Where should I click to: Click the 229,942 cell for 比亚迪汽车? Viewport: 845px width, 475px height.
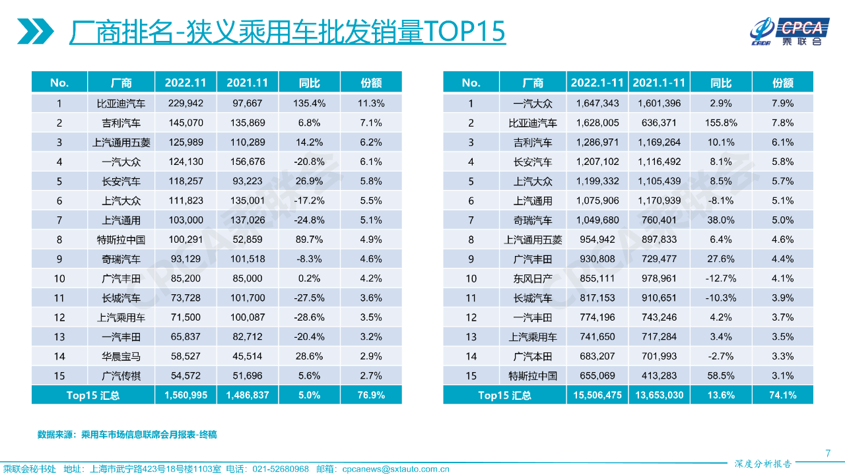pyautogui.click(x=186, y=104)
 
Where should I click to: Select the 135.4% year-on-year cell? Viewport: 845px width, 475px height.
pyautogui.click(x=309, y=104)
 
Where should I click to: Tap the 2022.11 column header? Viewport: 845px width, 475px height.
pyautogui.click(x=186, y=82)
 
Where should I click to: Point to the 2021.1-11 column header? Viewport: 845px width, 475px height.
pyautogui.click(x=659, y=82)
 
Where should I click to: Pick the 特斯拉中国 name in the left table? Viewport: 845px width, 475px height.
pyautogui.click(x=121, y=239)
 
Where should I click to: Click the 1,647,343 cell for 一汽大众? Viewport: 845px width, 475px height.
pyautogui.click(x=597, y=104)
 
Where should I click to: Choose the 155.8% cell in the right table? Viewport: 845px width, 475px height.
pyautogui.click(x=721, y=123)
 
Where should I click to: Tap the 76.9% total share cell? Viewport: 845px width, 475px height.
pyautogui.click(x=371, y=395)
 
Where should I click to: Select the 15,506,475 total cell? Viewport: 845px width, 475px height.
pyautogui.click(x=597, y=395)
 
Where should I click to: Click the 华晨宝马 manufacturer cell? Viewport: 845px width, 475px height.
pyautogui.click(x=121, y=356)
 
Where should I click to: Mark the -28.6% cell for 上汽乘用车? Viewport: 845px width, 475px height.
pyautogui.click(x=309, y=317)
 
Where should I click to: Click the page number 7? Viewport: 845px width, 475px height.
pyautogui.click(x=828, y=453)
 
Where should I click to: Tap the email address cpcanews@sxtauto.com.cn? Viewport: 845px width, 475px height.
pyautogui.click(x=395, y=469)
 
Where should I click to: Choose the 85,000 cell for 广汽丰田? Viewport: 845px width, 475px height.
pyautogui.click(x=247, y=278)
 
